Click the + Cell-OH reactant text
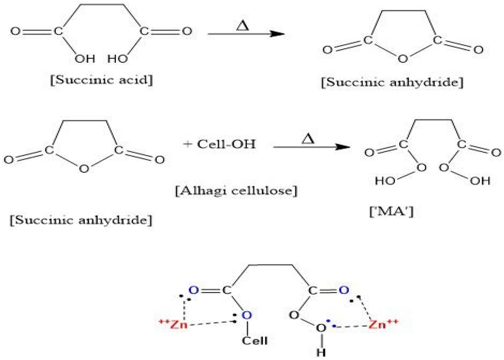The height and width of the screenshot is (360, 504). (220, 144)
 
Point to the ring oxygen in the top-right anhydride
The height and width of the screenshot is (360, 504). (401, 59)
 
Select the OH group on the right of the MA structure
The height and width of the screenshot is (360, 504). (480, 181)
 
